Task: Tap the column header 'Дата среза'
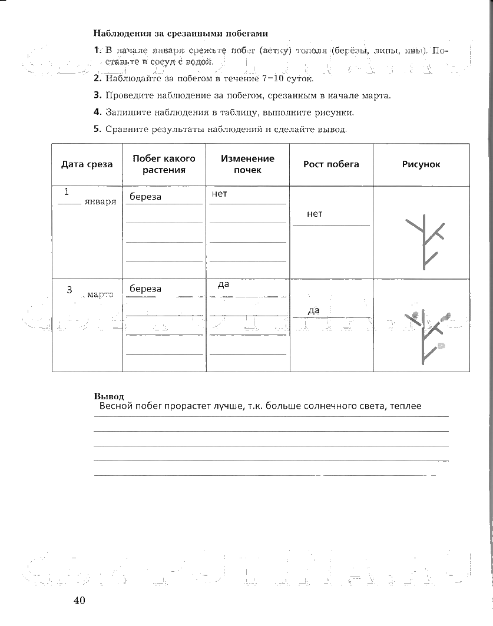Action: [87, 164]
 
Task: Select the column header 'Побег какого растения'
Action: [164, 164]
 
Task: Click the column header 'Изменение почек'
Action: [247, 164]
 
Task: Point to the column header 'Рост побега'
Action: [331, 164]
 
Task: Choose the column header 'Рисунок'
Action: [421, 164]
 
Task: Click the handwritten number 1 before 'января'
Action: [67, 191]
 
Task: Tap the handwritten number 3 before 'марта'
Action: [69, 290]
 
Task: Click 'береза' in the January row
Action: [145, 197]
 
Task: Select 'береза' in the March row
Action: [145, 289]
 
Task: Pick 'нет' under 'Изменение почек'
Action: [219, 193]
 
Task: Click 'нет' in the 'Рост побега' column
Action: [315, 214]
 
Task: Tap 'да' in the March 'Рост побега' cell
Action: [313, 310]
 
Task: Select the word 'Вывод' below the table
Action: [109, 396]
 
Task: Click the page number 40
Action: [80, 601]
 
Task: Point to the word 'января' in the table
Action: [100, 201]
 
